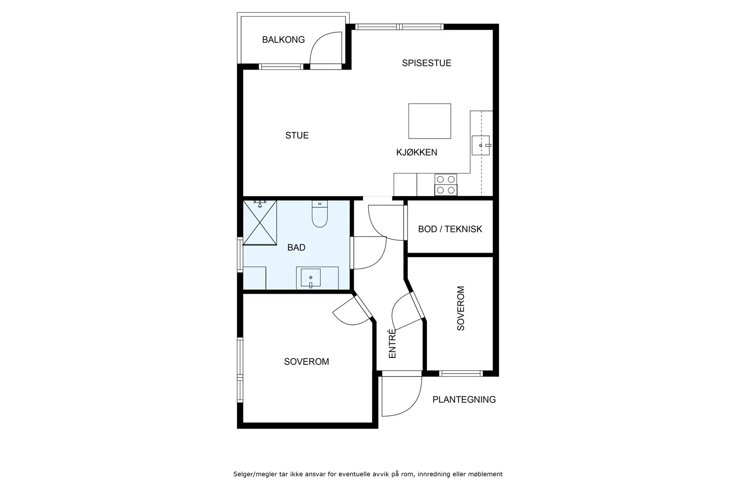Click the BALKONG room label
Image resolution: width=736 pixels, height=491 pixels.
coord(283,40)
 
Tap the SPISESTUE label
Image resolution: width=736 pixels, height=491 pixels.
coord(426,63)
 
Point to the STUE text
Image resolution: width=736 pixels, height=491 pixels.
coord(297,135)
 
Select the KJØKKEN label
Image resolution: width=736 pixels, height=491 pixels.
coord(417,152)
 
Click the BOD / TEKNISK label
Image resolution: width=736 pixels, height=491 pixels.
coord(450,229)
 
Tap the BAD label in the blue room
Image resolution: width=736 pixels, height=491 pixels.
coord(296,248)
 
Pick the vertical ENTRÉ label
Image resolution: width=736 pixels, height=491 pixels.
coord(392,343)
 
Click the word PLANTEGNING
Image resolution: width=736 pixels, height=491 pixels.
coord(464,399)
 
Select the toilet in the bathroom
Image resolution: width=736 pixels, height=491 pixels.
coord(320,214)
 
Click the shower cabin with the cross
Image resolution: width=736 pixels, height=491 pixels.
coord(260,223)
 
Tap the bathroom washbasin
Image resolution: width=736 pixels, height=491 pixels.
coord(311,278)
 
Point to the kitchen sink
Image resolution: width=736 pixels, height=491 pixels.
coord(481,145)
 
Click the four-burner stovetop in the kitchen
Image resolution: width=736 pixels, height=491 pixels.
coord(446,185)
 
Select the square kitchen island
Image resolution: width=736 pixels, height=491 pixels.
coord(430,121)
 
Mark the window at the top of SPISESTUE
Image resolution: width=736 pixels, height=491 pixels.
coord(399,27)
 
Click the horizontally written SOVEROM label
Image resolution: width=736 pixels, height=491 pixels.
coord(306,362)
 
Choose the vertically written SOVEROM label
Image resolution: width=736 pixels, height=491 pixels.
coord(460,308)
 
